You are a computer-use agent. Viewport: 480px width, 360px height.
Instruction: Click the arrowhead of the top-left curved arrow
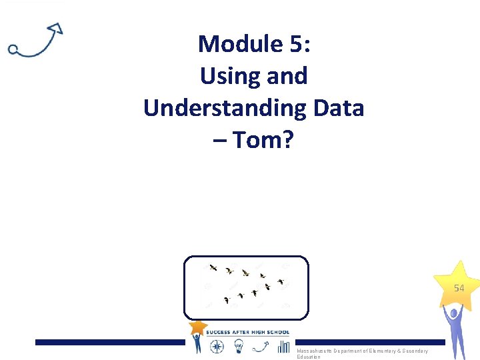coord(56,29)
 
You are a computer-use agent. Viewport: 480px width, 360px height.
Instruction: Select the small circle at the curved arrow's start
coord(13,49)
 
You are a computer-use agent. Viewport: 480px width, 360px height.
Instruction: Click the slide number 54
coord(459,289)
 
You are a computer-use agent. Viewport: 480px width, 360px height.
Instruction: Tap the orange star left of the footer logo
coord(198,327)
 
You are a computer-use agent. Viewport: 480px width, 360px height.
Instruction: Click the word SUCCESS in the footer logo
coord(219,332)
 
